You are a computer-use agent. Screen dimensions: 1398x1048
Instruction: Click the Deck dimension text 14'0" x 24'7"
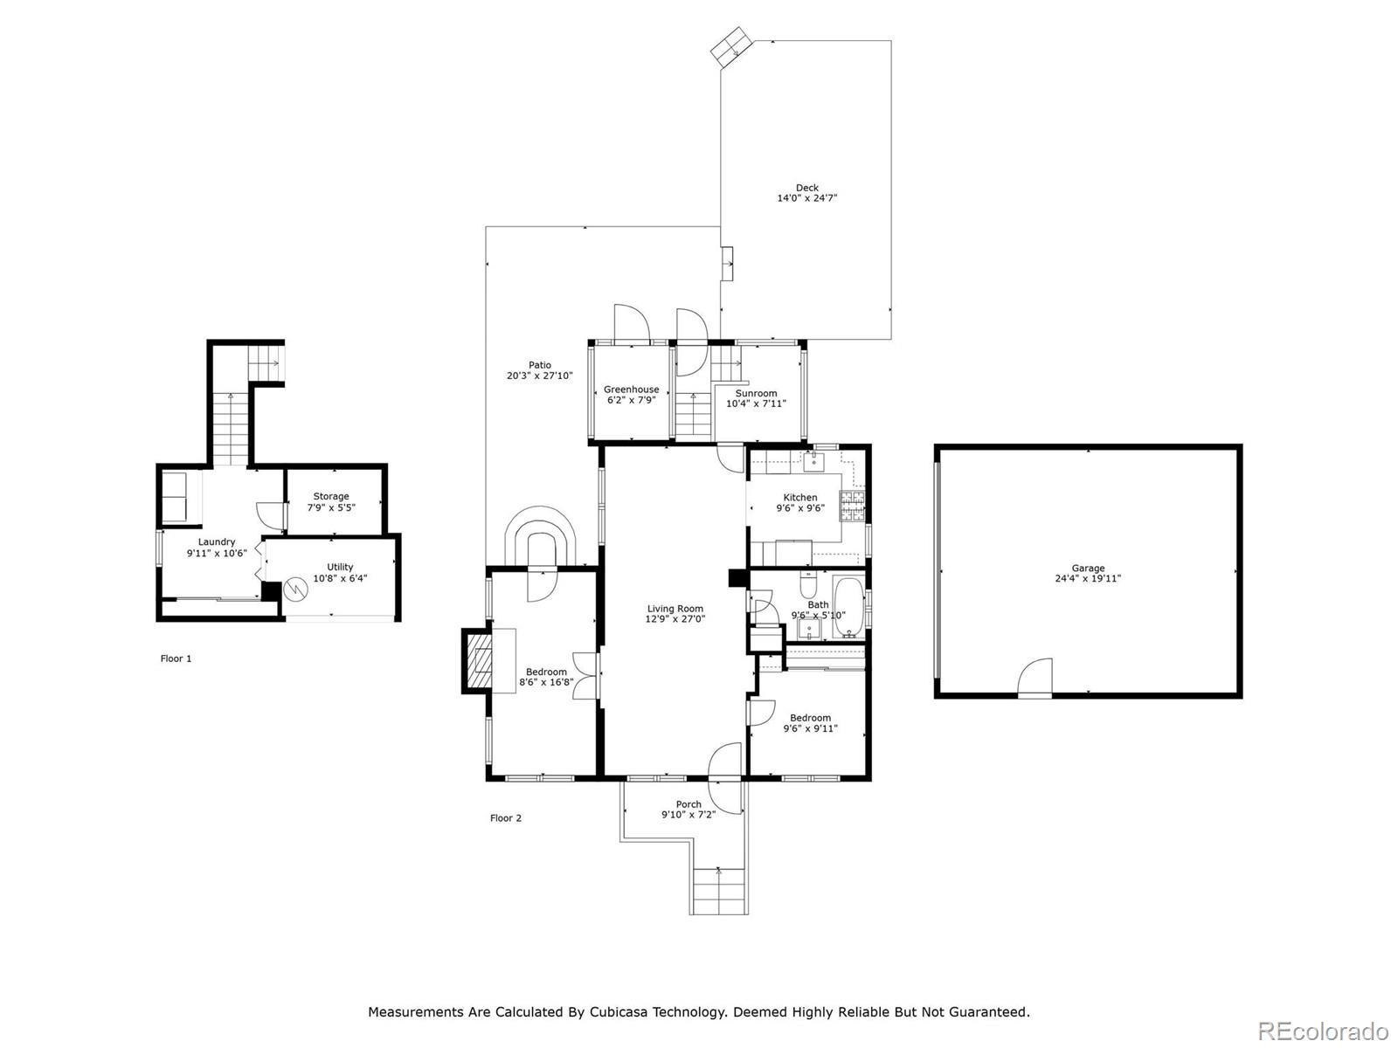806,198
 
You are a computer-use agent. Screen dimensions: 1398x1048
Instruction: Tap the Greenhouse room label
631,390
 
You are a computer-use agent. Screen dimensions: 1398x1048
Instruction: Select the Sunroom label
756,393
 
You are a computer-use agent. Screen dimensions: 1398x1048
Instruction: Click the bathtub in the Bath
848,607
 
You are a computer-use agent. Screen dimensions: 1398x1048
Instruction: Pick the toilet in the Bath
807,584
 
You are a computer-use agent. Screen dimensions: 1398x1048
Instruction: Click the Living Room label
675,609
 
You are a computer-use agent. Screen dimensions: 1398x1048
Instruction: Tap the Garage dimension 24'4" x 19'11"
1087,578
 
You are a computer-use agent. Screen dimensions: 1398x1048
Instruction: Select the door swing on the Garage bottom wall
1035,678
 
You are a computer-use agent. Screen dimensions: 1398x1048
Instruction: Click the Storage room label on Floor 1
330,496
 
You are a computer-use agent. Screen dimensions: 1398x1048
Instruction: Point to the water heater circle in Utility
294,589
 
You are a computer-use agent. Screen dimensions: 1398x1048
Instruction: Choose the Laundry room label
217,542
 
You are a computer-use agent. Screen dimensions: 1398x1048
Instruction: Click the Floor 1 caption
176,658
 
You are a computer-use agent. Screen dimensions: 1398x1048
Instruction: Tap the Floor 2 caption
506,818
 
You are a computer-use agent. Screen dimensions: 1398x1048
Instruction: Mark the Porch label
689,804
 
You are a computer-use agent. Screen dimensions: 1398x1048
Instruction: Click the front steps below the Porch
719,892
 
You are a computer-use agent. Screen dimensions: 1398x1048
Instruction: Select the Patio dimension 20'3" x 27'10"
539,376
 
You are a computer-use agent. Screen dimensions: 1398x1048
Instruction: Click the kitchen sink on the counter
813,463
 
